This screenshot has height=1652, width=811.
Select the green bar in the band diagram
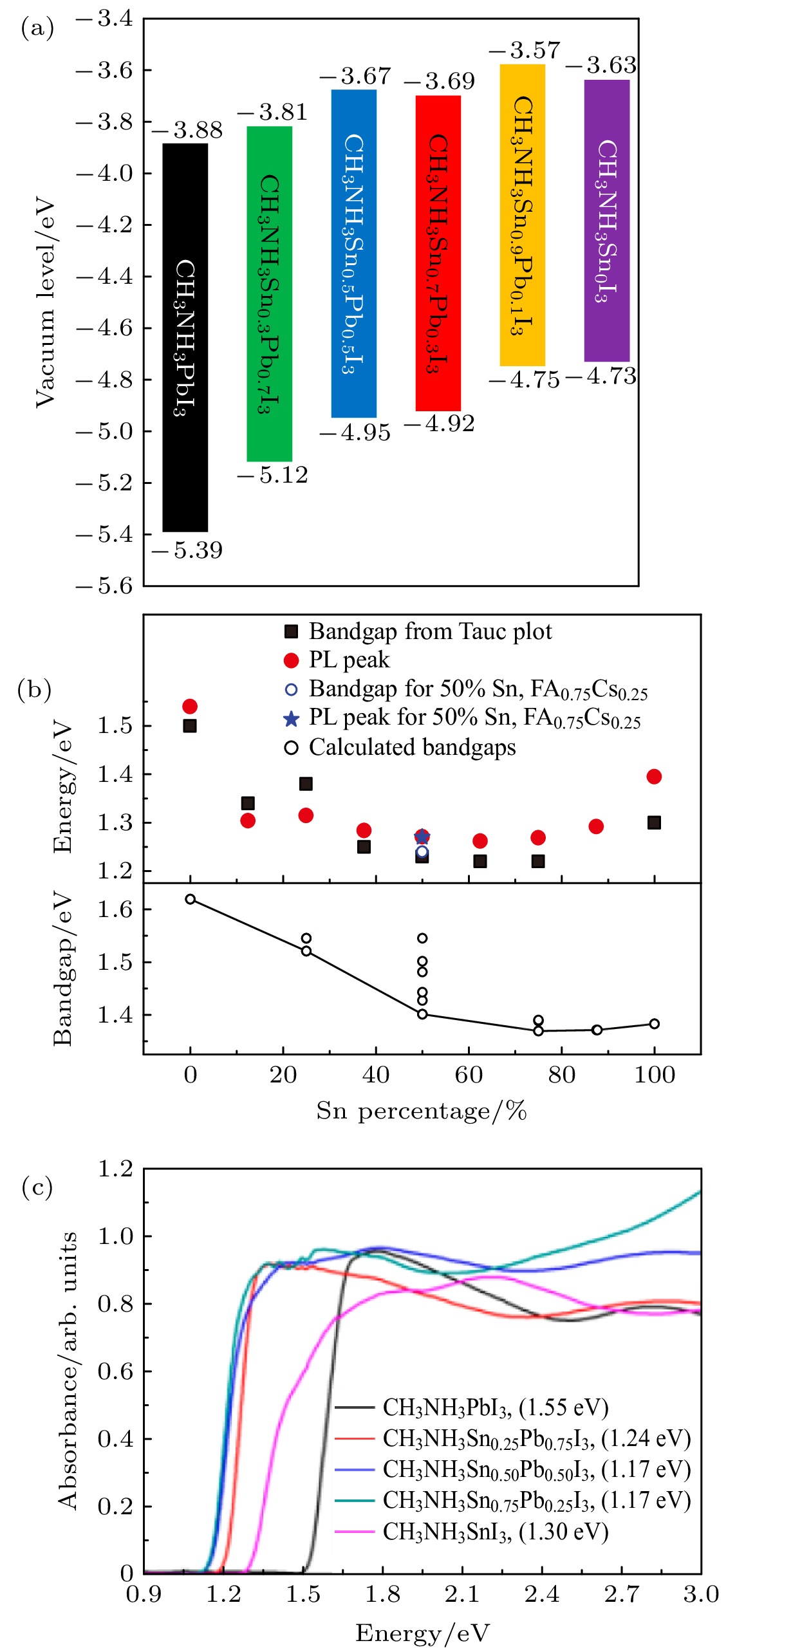(269, 293)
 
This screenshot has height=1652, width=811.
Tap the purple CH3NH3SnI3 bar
(606, 220)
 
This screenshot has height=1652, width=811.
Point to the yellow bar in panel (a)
(522, 215)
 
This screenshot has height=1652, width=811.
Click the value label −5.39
(188, 550)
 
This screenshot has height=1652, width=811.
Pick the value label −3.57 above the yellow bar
(525, 50)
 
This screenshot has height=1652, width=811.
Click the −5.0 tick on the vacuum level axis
(105, 431)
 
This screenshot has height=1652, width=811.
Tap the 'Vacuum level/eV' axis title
(45, 302)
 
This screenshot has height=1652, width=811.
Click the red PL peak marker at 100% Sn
(654, 777)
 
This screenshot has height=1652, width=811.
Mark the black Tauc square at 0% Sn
(190, 726)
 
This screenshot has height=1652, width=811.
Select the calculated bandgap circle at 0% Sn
(191, 899)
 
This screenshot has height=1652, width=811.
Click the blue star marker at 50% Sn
(422, 837)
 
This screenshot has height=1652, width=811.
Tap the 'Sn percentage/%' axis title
(422, 1111)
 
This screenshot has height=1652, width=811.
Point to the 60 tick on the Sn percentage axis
(469, 1074)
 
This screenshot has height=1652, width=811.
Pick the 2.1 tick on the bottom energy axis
(462, 1594)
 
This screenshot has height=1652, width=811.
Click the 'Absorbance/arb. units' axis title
(68, 1371)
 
